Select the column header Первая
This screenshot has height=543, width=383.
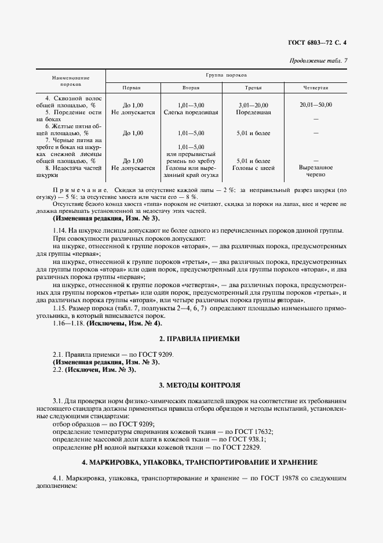[x=132, y=88]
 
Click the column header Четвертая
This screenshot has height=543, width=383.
[x=316, y=88]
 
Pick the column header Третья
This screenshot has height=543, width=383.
[x=254, y=88]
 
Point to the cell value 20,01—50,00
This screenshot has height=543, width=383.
[x=316, y=104]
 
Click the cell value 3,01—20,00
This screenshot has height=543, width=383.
[x=254, y=104]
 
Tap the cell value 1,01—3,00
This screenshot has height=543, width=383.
[x=192, y=104]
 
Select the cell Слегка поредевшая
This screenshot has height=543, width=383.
[x=191, y=112]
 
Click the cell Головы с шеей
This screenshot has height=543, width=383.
[x=254, y=168]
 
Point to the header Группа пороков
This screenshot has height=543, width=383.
[x=227, y=75]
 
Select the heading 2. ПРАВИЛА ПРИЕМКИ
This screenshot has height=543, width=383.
[x=191, y=338]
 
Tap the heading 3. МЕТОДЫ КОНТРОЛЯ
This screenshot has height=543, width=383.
[x=191, y=385]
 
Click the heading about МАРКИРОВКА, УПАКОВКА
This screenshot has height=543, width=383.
[x=191, y=462]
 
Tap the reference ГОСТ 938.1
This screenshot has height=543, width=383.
[x=249, y=440]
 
